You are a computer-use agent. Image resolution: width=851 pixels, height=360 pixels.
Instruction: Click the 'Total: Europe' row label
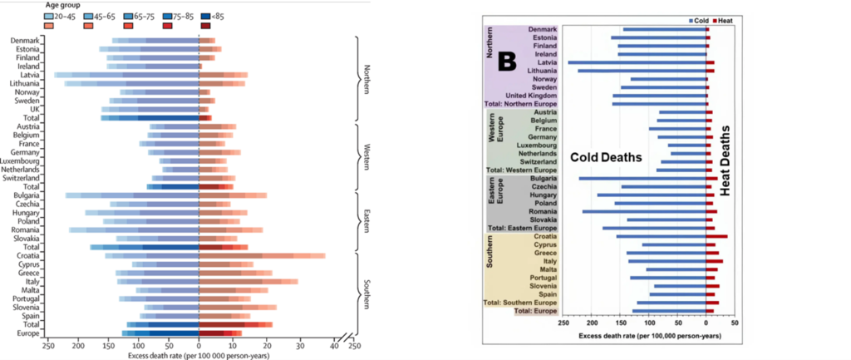[x=535, y=311]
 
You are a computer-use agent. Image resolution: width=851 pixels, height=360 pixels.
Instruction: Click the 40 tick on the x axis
[x=334, y=346]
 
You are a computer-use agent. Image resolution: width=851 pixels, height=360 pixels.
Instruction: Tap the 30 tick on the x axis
[x=300, y=346]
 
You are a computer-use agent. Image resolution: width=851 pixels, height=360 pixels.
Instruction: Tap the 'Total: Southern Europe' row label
[x=522, y=302]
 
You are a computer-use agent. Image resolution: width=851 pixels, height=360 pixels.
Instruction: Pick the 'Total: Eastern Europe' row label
[x=524, y=228]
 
